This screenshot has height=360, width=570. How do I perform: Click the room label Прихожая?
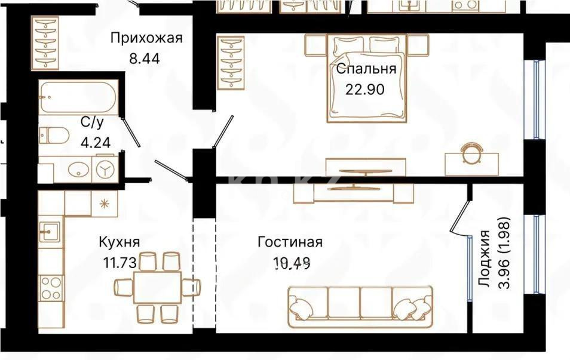click(x=146, y=39)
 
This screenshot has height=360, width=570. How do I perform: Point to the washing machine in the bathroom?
click(x=107, y=170)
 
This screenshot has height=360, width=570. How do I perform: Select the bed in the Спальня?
click(x=367, y=78)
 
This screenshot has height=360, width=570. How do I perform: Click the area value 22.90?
click(x=364, y=90)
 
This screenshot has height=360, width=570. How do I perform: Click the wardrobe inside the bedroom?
click(x=230, y=63)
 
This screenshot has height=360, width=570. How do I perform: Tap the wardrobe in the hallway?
click(x=46, y=43)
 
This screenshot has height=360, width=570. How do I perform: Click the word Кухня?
click(x=119, y=242)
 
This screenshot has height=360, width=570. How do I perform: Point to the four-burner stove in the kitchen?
click(x=51, y=288)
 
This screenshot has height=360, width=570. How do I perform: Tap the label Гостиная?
click(x=290, y=242)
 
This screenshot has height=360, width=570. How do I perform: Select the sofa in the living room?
click(x=360, y=306)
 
